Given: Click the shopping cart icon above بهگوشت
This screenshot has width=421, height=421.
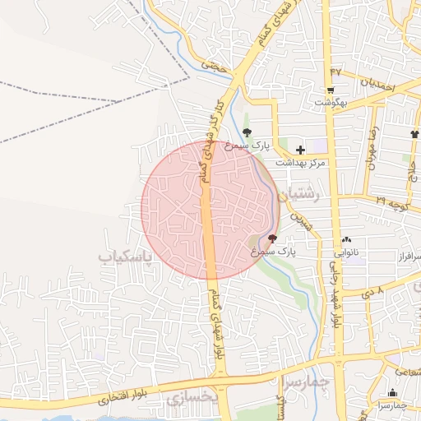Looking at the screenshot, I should (x=331, y=90).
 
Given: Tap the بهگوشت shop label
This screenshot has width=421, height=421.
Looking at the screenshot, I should (x=331, y=103).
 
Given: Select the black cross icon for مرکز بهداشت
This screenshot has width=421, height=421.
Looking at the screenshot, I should (x=300, y=150).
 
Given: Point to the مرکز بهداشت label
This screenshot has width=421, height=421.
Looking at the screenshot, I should (x=300, y=163).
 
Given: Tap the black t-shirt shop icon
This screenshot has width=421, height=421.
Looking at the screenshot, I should (x=414, y=134).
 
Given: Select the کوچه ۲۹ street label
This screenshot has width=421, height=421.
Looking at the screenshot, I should (x=391, y=200).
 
